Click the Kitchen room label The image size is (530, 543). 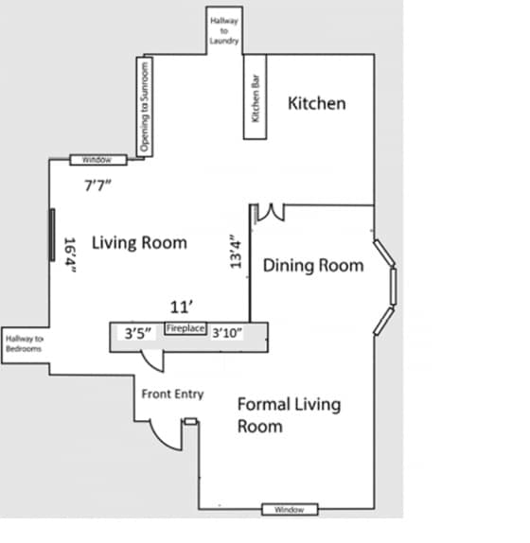(317, 103)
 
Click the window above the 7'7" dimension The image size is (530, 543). (97, 160)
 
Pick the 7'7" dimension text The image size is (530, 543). (97, 184)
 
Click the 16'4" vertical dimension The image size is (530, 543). (69, 255)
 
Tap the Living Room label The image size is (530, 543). (139, 242)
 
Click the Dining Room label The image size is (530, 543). (312, 266)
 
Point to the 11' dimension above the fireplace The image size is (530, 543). (182, 307)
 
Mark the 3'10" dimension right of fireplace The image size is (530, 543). (227, 332)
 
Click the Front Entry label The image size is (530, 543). (172, 394)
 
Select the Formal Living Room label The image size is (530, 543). (288, 415)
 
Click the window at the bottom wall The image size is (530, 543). (289, 510)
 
